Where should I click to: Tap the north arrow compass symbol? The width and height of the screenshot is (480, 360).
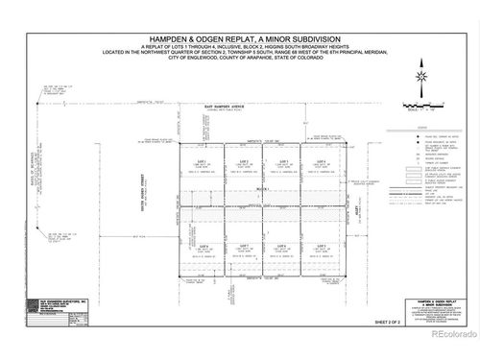(420, 79)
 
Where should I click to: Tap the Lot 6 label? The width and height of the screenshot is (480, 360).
(279, 246)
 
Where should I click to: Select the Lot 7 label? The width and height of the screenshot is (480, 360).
(244, 246)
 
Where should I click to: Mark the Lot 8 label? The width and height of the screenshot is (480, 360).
(203, 246)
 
